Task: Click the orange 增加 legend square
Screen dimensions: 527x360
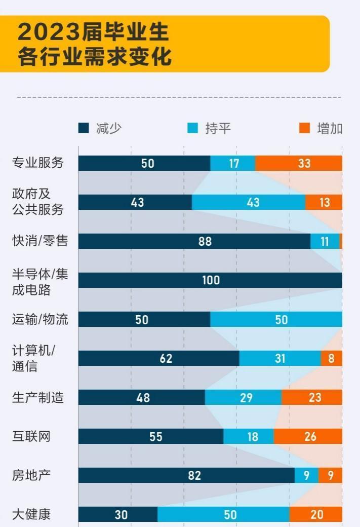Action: (x=304, y=128)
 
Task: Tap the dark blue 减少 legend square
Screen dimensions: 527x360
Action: (x=84, y=128)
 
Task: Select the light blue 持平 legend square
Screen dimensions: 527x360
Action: (x=192, y=128)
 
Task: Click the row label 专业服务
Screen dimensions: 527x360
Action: (x=38, y=163)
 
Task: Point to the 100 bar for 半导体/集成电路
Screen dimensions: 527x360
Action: (x=210, y=280)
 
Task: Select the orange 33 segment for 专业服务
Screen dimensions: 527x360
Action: (x=299, y=163)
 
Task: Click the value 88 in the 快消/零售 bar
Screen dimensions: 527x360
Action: (x=205, y=241)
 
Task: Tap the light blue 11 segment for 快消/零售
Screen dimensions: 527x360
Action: (x=325, y=241)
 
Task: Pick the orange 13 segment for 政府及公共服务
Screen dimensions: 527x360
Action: (x=324, y=202)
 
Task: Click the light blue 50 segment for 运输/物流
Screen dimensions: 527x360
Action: (x=276, y=319)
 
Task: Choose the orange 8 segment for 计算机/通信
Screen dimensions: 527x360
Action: (x=331, y=358)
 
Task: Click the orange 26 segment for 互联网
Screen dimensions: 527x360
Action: (x=308, y=436)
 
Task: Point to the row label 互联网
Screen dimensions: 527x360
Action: (x=31, y=436)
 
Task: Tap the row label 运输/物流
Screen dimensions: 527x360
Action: (x=40, y=319)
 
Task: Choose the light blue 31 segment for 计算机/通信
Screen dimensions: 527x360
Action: (x=280, y=358)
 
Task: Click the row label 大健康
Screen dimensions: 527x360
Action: (x=31, y=514)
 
